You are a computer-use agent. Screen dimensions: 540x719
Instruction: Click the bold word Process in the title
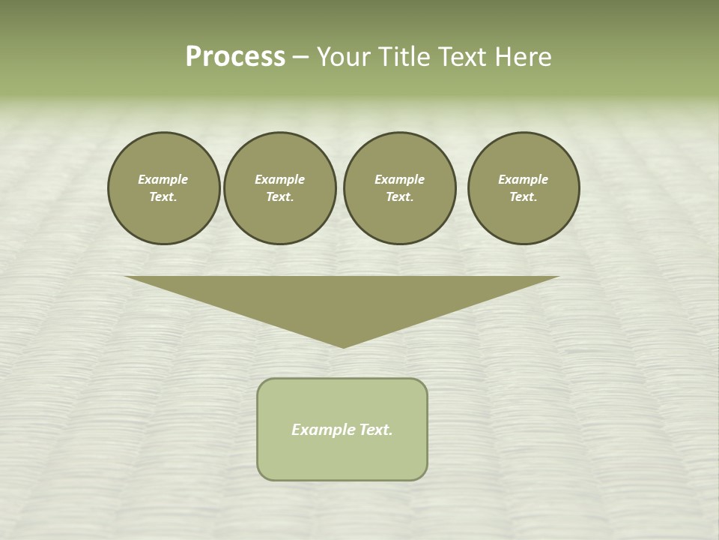click(x=235, y=57)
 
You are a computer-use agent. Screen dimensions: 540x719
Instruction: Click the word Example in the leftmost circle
click(x=163, y=179)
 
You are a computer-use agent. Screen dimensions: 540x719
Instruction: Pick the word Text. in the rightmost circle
click(x=523, y=196)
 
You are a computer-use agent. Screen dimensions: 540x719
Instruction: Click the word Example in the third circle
click(x=399, y=179)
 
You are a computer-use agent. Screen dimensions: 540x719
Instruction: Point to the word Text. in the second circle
click(x=279, y=196)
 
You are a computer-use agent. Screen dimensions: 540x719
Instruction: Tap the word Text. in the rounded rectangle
click(x=376, y=430)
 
